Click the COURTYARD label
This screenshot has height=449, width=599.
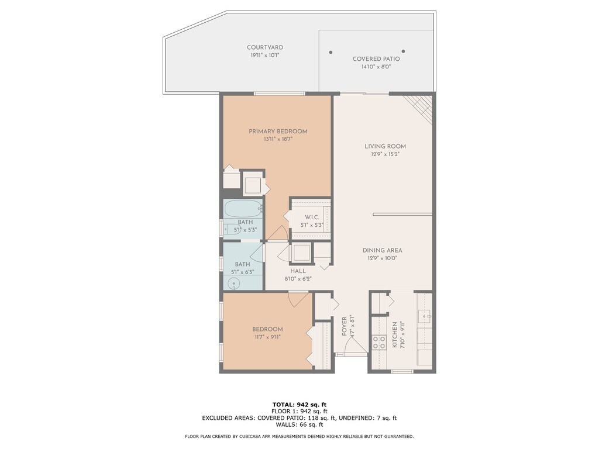pos(265,47)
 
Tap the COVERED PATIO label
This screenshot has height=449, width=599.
pos(376,59)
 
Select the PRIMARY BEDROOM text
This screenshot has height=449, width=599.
pos(278,132)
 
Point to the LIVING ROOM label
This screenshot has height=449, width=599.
pos(385,146)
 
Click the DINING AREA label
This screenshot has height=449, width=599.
pos(383,250)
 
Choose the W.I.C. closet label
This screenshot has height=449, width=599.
pos(312,217)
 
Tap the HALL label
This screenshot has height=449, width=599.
pos(298,271)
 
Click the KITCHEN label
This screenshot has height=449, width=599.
pos(395,335)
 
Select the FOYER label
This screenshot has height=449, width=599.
pos(344,326)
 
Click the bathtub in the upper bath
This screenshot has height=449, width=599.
pos(243,209)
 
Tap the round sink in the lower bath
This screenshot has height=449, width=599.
pos(233,284)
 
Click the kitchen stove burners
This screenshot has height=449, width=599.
pos(379,342)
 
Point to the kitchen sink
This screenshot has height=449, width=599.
pos(425,316)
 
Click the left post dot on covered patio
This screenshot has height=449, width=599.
pos(331,52)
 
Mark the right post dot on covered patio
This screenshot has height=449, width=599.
pos(404,51)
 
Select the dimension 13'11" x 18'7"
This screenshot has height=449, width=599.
pos(278,139)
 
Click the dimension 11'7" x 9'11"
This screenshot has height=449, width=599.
pos(267,337)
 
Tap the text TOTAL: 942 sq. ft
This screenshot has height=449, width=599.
pos(299,405)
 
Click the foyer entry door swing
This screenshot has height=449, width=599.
pos(354,345)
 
